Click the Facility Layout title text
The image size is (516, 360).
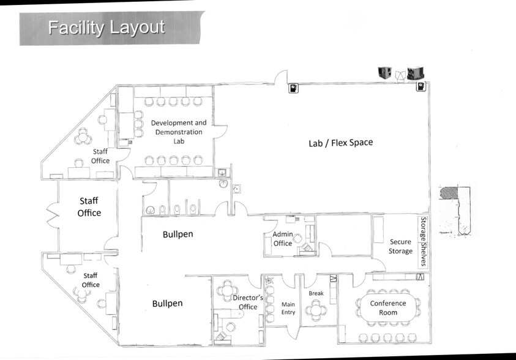[x=106, y=28]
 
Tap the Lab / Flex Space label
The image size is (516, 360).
[x=340, y=143]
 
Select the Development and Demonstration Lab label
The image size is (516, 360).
[x=179, y=132]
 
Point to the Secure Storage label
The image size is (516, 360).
[x=401, y=246]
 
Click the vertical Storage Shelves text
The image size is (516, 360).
[x=422, y=241]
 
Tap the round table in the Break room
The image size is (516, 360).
[x=316, y=309]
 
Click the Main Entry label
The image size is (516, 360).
[x=288, y=308]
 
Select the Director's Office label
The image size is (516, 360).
[x=248, y=302]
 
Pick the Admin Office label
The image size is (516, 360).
[x=282, y=239]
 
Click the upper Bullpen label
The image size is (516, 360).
[x=179, y=234]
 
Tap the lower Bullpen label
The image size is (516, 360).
[x=167, y=303]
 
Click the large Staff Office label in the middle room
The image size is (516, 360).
[x=88, y=206]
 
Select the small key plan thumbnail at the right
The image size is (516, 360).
[x=457, y=210]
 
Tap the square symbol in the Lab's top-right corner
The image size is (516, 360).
[x=421, y=87]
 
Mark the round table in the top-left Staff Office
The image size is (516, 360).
[x=83, y=138]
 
